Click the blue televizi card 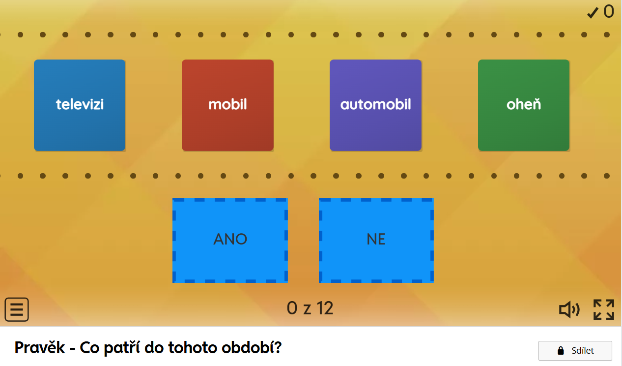click(80, 105)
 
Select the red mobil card click(227, 105)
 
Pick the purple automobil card click(375, 105)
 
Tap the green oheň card click(524, 105)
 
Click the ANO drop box click(230, 241)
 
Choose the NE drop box click(376, 241)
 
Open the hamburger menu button click(17, 309)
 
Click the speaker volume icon click(569, 309)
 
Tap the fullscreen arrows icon click(604, 309)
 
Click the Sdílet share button click(575, 350)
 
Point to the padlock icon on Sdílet click(561, 350)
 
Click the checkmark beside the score click(593, 13)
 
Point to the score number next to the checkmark click(609, 12)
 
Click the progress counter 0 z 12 click(310, 308)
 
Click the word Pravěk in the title click(40, 348)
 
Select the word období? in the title click(252, 348)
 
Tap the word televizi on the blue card click(80, 105)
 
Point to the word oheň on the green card click(524, 104)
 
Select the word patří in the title click(122, 348)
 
